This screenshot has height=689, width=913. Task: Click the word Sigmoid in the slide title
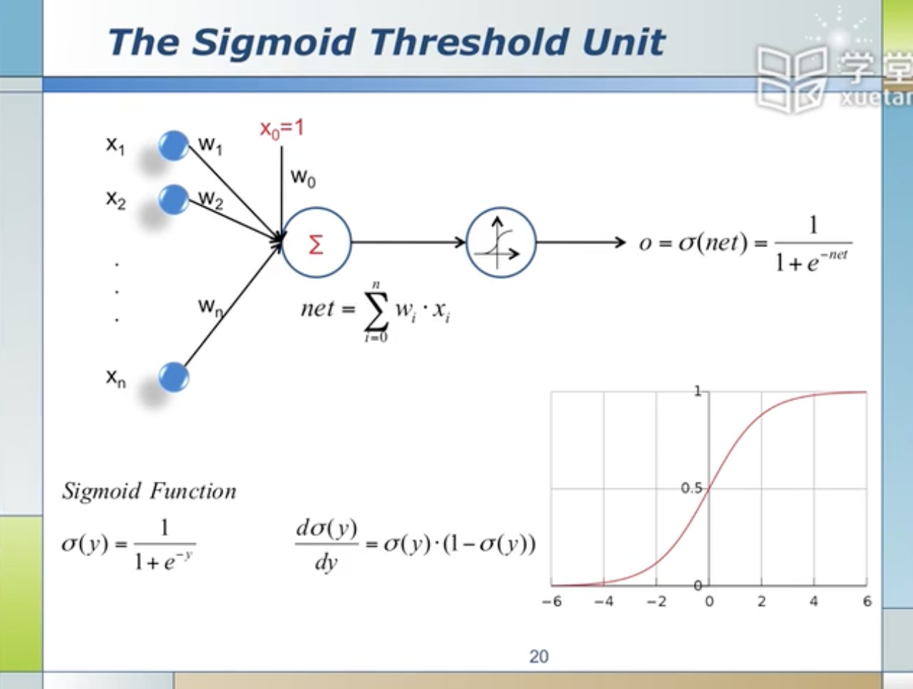coord(274,42)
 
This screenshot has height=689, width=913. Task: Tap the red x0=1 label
coord(281,129)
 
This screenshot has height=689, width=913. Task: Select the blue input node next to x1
coord(173,145)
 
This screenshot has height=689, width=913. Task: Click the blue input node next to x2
coord(173,199)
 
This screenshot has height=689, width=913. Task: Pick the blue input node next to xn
coord(173,377)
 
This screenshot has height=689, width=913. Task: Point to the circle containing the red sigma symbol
coord(316,243)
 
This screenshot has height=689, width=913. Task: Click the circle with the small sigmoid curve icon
coord(500,243)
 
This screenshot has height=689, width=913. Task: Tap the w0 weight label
coord(303,177)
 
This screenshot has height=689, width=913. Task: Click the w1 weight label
coord(210,145)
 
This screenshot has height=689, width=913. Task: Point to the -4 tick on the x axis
coord(603,602)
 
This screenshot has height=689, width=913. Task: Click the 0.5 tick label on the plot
coord(690,488)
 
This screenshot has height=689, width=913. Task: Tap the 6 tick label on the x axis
coord(866,602)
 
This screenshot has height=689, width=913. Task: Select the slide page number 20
coord(539,656)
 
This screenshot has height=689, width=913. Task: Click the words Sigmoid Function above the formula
coord(149,491)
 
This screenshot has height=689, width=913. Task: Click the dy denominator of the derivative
coord(326,562)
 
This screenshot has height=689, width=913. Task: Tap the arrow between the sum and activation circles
coord(408,242)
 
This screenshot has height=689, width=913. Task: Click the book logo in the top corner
coord(791,79)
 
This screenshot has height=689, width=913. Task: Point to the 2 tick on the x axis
coord(761,602)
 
